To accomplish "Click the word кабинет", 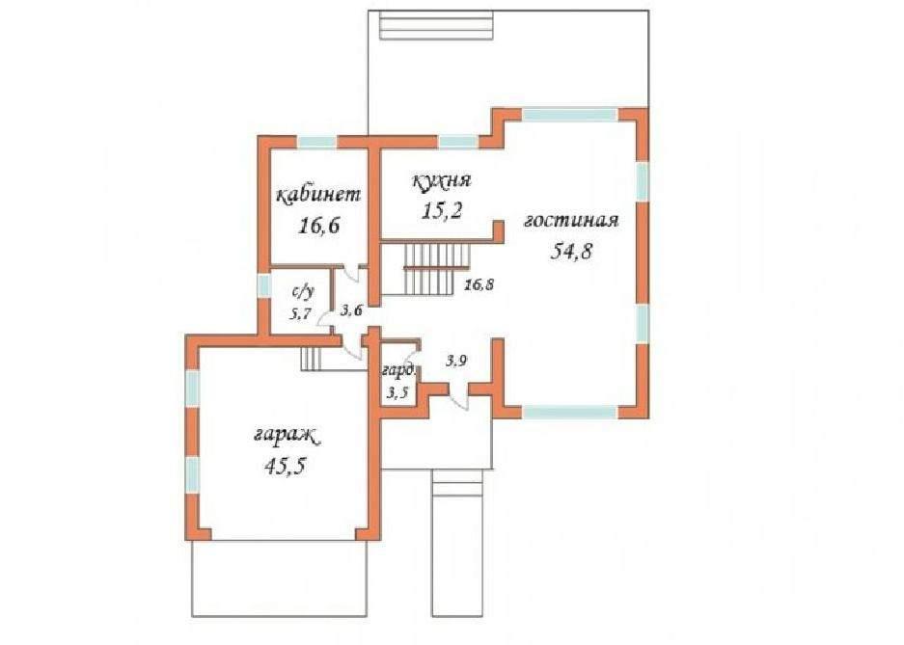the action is pos(318,196).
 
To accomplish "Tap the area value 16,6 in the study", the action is pos(318,226).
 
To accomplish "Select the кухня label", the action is pos(442,181).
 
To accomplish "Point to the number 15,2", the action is pos(442,211).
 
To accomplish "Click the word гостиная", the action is pos(571,221).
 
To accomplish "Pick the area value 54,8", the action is pos(572,251).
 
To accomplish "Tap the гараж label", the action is pos(287,436).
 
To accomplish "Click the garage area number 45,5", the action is pos(285,466).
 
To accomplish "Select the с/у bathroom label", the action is pos(303,292).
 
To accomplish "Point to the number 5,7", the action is pos(300,314).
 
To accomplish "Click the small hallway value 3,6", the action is pos(351,311).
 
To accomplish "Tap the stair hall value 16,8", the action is pos(480,283).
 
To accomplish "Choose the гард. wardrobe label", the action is pos(398,370).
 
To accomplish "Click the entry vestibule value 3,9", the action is pos(456,361).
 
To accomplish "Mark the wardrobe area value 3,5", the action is pos(397,392).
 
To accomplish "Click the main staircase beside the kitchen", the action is pos(437,268).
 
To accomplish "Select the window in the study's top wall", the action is pos(317,142).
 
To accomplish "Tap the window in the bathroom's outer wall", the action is pos(263,286).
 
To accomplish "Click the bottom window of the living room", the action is pos(570,413).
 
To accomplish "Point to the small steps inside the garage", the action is pos(312,360).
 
